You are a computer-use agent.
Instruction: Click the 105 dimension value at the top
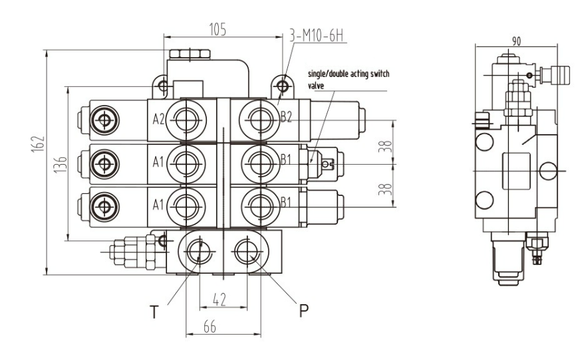(x=218, y=29)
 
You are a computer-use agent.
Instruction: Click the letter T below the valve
(x=154, y=312)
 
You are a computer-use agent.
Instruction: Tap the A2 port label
(x=158, y=120)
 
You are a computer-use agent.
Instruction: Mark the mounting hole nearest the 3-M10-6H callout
(x=284, y=86)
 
